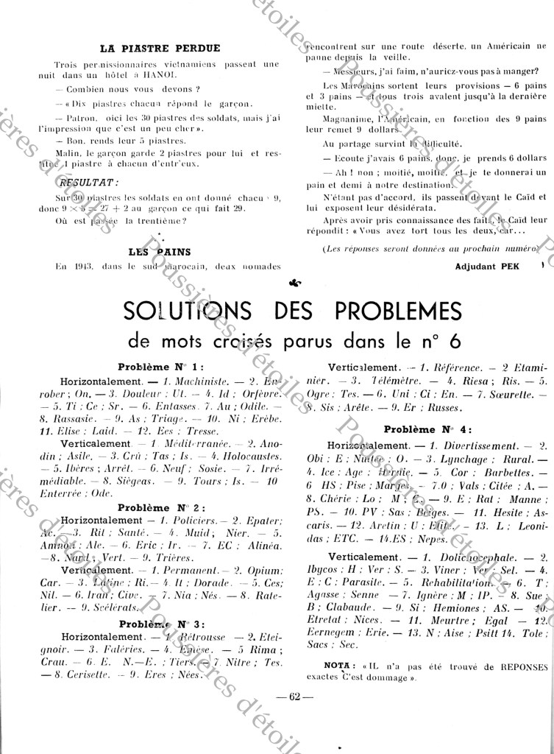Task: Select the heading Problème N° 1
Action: coord(160,367)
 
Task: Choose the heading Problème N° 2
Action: coord(160,508)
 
